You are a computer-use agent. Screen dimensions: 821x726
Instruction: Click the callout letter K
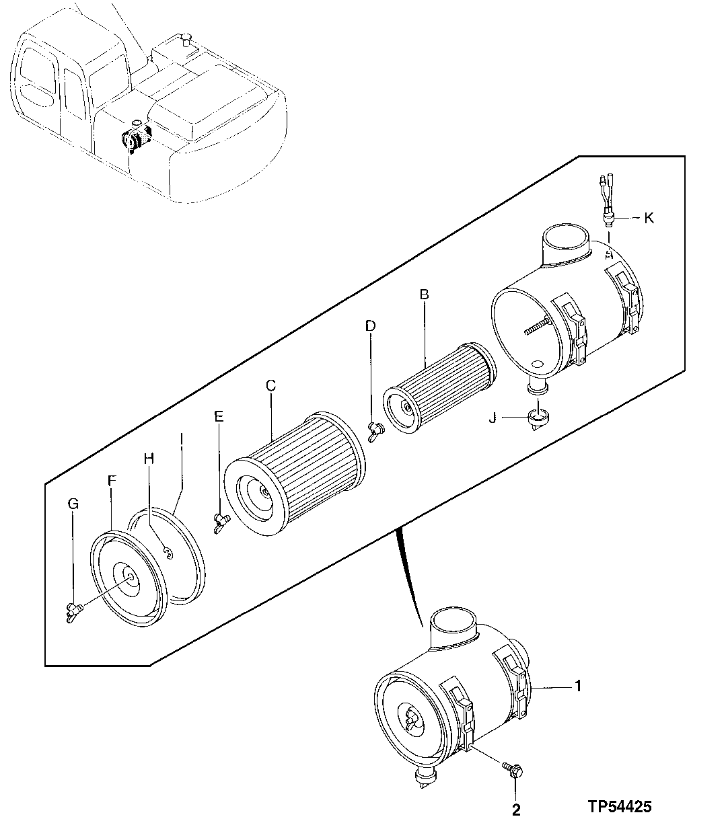[x=649, y=219]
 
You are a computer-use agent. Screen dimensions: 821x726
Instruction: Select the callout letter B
[x=425, y=295]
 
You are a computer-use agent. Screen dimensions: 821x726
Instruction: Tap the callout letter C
[x=270, y=385]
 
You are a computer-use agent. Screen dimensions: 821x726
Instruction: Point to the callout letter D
[x=370, y=325]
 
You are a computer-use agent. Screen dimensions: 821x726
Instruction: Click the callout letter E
[x=219, y=416]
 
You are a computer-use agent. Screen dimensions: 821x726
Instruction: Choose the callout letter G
[x=73, y=503]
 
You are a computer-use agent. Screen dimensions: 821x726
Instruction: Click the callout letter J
[x=493, y=419]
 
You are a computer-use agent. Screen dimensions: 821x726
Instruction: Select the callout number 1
[x=577, y=687]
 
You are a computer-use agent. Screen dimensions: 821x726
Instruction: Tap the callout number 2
[x=515, y=810]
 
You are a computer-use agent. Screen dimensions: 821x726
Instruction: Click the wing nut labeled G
[x=73, y=611]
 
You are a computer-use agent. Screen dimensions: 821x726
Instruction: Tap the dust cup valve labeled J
[x=540, y=418]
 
